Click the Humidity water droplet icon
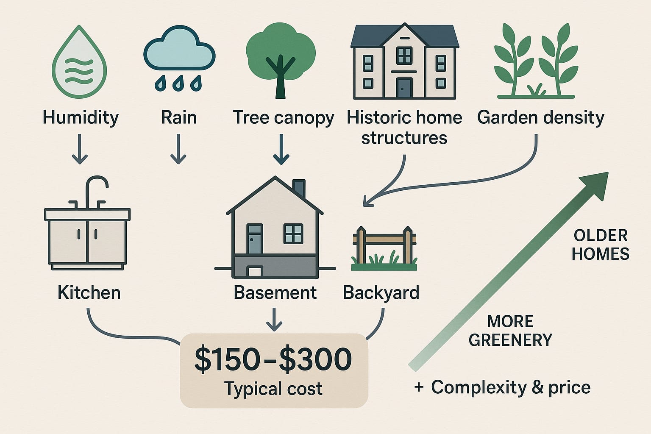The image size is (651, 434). [x=79, y=64]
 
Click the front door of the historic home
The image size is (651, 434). [x=404, y=88]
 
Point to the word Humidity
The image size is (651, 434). [x=81, y=117]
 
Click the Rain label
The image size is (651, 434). [x=179, y=117]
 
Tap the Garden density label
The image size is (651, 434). [x=540, y=117]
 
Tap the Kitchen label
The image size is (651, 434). [x=89, y=293]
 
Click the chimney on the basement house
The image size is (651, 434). [x=299, y=189]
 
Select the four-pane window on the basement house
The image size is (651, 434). [x=293, y=234]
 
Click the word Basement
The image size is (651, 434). [x=275, y=293]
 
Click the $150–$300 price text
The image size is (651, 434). [x=273, y=359]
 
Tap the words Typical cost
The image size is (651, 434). [x=273, y=389]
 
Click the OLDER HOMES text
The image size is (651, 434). [x=600, y=245]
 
